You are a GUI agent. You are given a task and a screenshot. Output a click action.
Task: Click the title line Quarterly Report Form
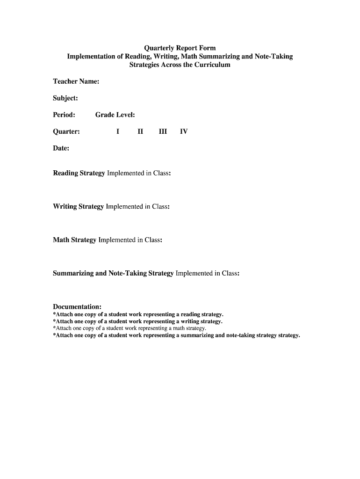(x=180, y=48)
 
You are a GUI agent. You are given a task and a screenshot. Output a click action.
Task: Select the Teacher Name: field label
(x=76, y=81)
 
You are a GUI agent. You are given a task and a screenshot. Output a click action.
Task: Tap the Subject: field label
(x=65, y=98)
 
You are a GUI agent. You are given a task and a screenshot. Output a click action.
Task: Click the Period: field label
(x=64, y=115)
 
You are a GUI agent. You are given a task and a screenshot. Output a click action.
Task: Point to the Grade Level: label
(x=115, y=115)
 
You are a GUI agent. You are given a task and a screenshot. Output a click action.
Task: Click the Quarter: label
(x=66, y=131)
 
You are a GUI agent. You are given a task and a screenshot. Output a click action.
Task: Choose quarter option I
(x=118, y=131)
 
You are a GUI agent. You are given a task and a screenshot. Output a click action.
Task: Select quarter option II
(x=140, y=131)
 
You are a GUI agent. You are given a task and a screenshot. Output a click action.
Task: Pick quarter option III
(x=163, y=131)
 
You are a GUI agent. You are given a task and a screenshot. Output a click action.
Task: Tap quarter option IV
(x=184, y=131)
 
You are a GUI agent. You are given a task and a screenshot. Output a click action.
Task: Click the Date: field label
(x=61, y=148)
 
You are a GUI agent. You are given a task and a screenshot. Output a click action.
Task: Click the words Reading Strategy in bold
(x=79, y=173)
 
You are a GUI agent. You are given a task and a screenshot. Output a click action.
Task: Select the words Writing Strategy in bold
(x=78, y=206)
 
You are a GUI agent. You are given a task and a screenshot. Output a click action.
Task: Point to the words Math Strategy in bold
(x=75, y=240)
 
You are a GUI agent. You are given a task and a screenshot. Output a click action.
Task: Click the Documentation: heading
(x=77, y=307)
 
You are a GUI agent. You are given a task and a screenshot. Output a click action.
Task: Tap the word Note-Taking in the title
(x=274, y=57)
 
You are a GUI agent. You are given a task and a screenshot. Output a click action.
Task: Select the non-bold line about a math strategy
(x=130, y=328)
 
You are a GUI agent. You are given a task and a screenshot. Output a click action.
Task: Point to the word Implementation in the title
(x=91, y=57)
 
